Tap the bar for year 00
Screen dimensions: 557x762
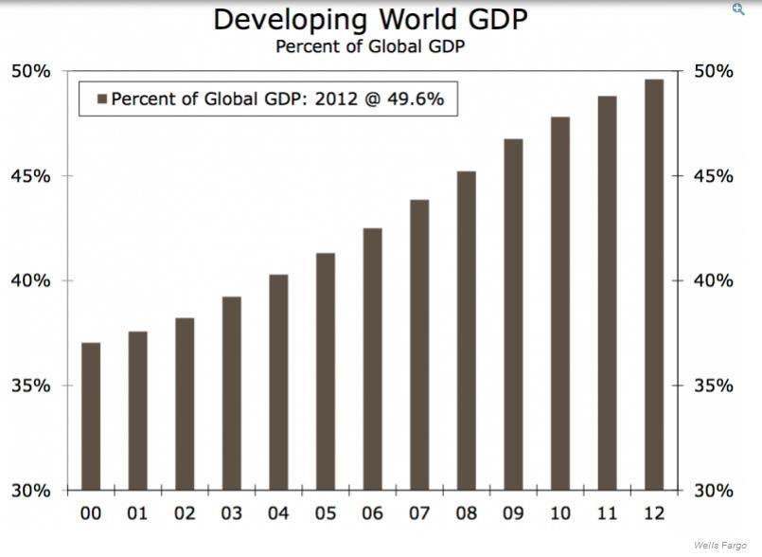pyautogui.click(x=91, y=416)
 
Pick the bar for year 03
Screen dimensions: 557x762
pyautogui.click(x=232, y=393)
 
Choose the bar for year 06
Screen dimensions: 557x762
pyautogui.click(x=372, y=359)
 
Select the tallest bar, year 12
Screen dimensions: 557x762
pyautogui.click(x=654, y=284)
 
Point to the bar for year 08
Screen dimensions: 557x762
pyautogui.click(x=467, y=331)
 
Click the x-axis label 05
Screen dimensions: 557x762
pyautogui.click(x=326, y=514)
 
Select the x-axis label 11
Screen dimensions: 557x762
pyautogui.click(x=607, y=514)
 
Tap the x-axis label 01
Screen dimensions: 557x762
pyautogui.click(x=138, y=514)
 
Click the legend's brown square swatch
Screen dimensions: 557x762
pyautogui.click(x=100, y=98)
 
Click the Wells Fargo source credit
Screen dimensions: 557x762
pyautogui.click(x=725, y=547)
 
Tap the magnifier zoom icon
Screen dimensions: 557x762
pyautogui.click(x=738, y=9)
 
